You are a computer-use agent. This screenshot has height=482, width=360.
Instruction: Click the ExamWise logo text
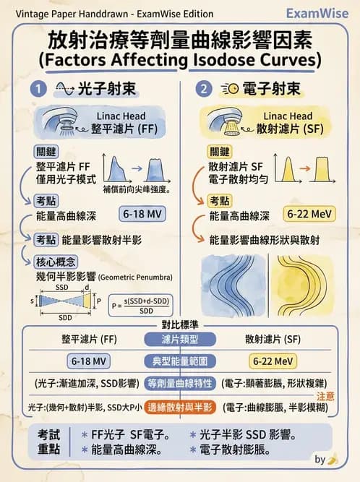[x=317, y=13]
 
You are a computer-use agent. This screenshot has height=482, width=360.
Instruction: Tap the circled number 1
[x=39, y=89]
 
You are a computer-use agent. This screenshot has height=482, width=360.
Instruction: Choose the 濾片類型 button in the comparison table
[x=180, y=338]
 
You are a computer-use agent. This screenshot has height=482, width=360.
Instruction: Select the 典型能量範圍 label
[x=180, y=360]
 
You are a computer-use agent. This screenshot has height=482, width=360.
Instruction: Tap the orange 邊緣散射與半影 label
[x=180, y=407]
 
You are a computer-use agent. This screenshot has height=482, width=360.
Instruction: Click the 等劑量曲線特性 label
[x=180, y=383]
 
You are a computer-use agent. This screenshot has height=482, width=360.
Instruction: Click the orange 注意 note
[x=325, y=396]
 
